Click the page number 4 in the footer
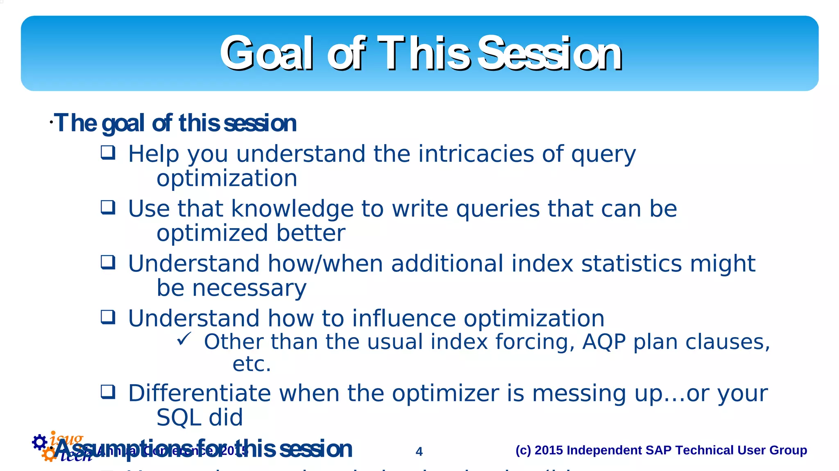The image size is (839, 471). click(x=419, y=451)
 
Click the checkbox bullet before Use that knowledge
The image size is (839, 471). click(x=108, y=207)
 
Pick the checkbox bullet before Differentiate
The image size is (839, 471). click(x=108, y=392)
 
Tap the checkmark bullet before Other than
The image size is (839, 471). click(x=184, y=339)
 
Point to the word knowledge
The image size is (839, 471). click(x=292, y=209)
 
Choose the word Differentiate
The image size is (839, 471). click(x=199, y=393)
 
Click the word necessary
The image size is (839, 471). click(x=249, y=288)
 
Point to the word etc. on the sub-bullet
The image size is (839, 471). click(x=251, y=364)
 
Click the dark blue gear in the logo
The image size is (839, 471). click(x=39, y=442)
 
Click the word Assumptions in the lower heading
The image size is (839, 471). click(x=123, y=448)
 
